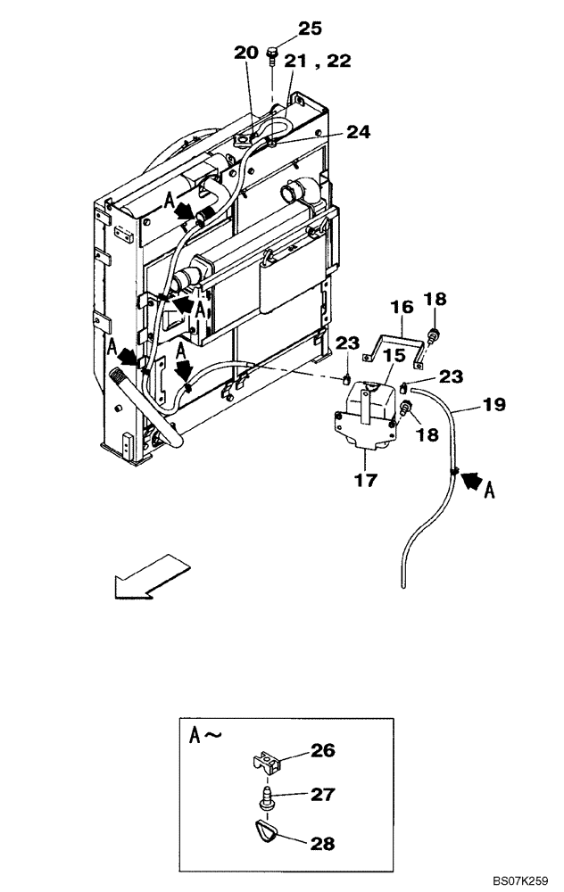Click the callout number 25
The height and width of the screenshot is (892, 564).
[x=309, y=29]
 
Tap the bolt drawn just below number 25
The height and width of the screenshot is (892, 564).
[x=271, y=56]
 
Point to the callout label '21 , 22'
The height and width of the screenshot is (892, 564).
[x=317, y=61]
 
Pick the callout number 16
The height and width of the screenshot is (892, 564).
[x=402, y=307]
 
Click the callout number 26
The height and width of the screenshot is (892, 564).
[x=324, y=751]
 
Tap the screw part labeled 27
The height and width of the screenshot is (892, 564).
[x=265, y=797]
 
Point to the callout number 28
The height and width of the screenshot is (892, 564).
[x=324, y=842]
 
